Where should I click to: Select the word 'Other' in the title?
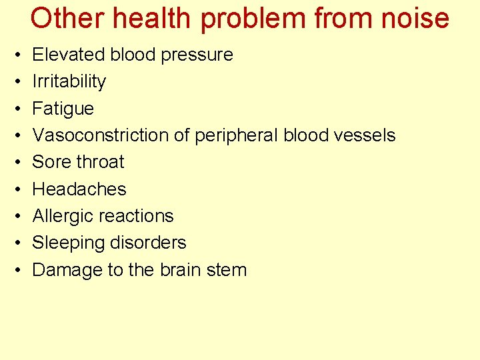(x=64, y=18)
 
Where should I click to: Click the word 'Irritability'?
(x=69, y=81)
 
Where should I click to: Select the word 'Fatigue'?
(x=63, y=109)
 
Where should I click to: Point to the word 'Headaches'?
(x=79, y=189)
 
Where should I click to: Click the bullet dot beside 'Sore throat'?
(x=14, y=163)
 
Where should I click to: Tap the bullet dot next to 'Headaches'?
(x=14, y=189)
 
